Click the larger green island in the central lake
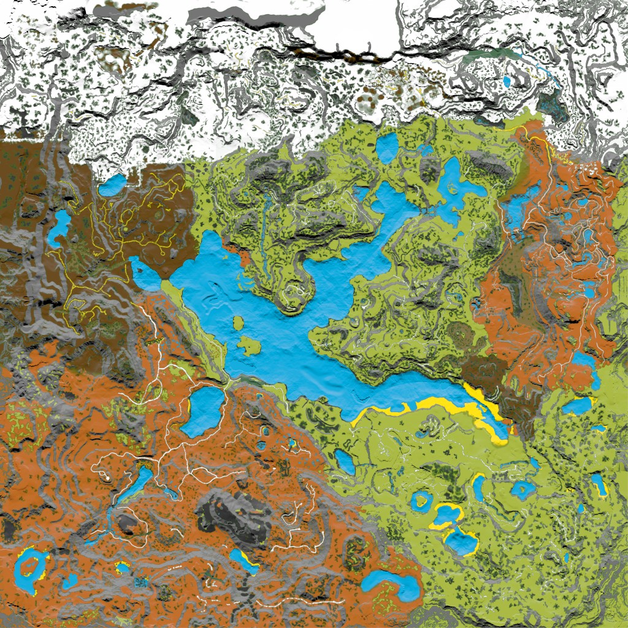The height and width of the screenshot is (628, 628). coord(248,345)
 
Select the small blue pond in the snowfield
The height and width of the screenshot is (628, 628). coord(507,80)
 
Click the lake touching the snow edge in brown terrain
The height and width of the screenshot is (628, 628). coord(112,185)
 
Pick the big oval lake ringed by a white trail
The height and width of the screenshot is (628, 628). coord(205,410)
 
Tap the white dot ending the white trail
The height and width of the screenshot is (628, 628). coord(106,477)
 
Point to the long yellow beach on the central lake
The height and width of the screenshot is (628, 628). coord(429,405)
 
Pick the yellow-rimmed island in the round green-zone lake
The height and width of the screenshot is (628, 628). coord(422,500)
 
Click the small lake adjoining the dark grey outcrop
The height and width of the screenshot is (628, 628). coord(242,559)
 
